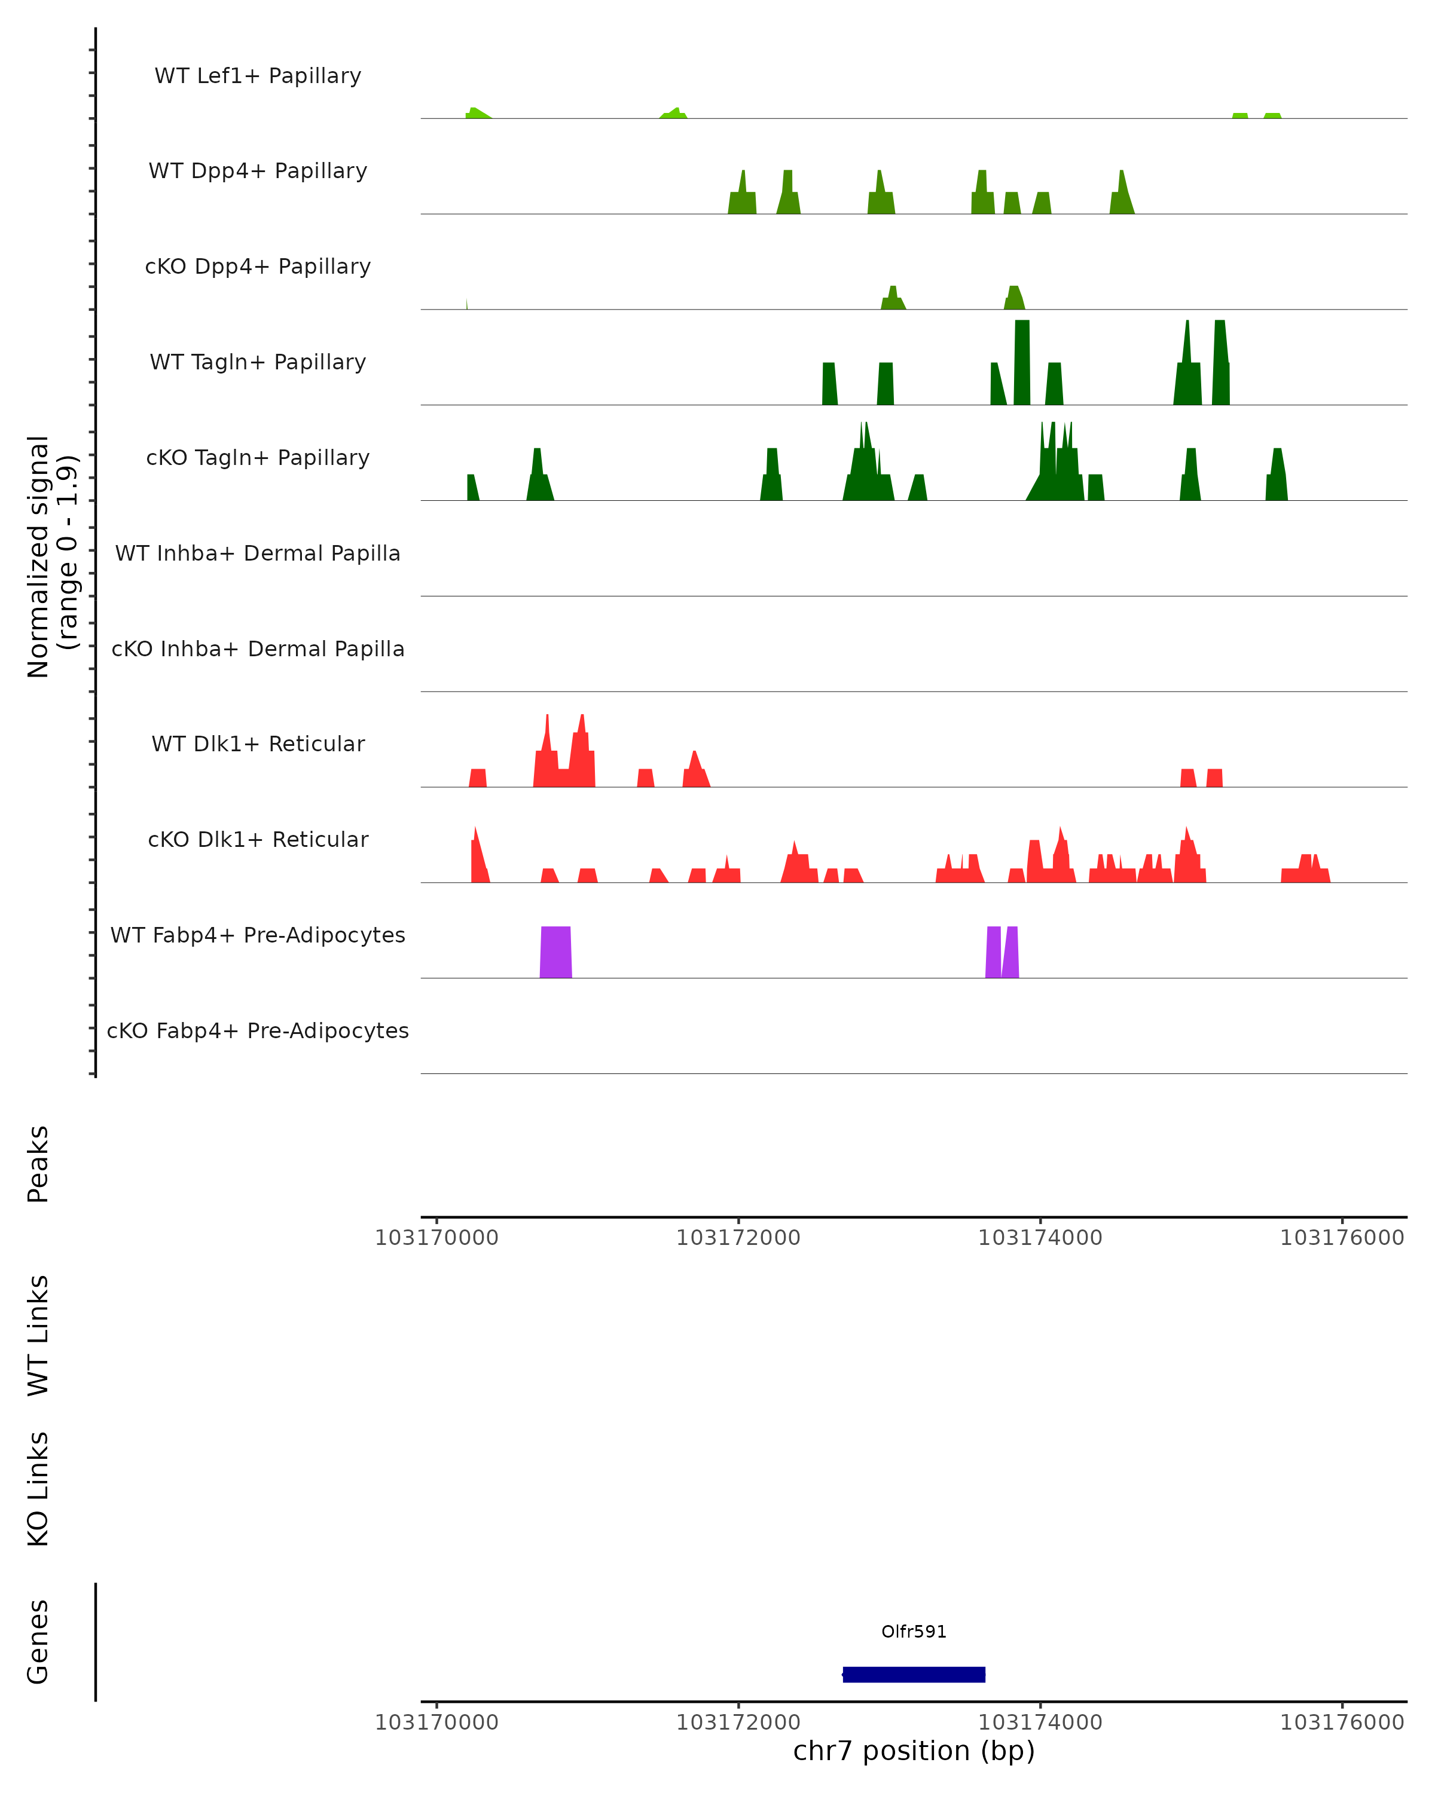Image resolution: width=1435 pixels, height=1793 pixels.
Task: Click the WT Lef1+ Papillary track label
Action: coord(258,76)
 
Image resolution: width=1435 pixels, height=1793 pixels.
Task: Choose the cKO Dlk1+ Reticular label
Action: coord(258,839)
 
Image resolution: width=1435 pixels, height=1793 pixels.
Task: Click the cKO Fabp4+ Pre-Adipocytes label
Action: coord(258,1030)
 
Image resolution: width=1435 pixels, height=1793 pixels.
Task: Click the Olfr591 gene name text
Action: coord(914,1632)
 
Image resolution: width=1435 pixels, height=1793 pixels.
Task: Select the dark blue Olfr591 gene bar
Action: coord(914,1675)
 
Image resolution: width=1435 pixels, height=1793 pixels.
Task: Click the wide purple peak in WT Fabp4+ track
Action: coord(555,952)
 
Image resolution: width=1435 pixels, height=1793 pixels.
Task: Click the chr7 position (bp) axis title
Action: coord(914,1751)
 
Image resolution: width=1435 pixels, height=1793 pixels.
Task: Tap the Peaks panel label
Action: coord(38,1164)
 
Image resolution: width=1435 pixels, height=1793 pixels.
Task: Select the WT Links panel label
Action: coord(38,1335)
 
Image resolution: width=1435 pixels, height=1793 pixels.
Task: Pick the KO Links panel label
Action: coord(38,1489)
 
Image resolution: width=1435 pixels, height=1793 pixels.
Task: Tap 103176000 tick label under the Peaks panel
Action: coord(1341,1238)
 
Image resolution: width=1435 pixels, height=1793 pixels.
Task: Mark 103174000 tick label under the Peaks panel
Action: coord(1040,1238)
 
